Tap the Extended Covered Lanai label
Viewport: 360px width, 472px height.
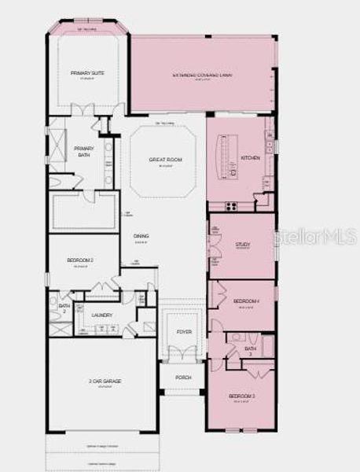203,76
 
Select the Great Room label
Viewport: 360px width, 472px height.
165,160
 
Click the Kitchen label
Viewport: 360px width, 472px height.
250,158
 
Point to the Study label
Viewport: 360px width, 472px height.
242,245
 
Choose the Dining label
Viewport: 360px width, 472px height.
141,236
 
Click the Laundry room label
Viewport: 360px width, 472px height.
102,315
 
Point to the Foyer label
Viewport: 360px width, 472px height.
183,332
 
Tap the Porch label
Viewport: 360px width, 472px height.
183,378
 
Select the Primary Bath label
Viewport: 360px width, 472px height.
83,151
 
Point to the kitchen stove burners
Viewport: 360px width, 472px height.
231,206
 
